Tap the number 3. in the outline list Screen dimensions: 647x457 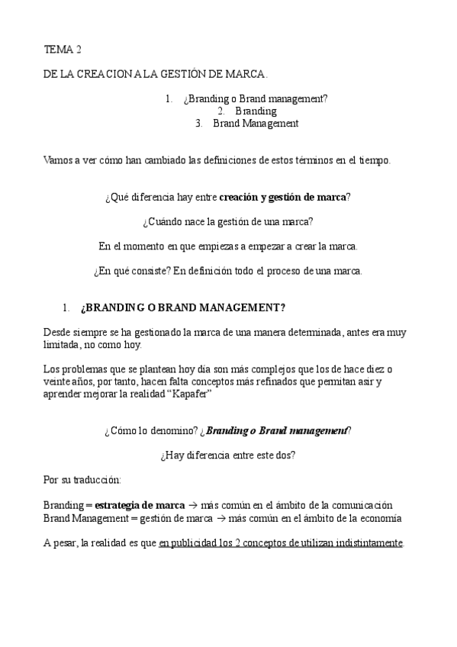coord(199,123)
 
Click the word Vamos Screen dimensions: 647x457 coord(59,160)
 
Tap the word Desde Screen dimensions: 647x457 coord(57,332)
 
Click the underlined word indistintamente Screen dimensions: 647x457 coord(362,542)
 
